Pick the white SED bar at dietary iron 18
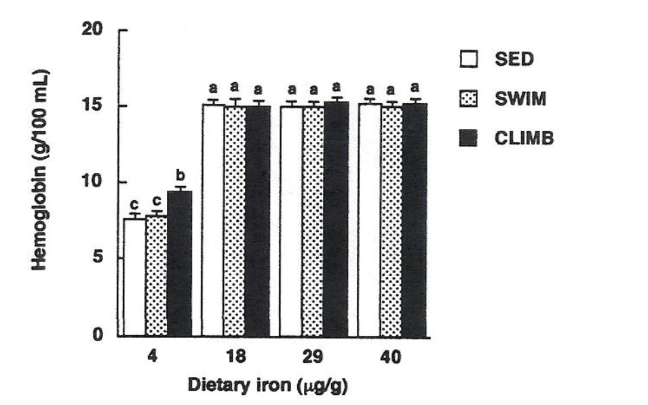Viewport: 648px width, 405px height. (212, 220)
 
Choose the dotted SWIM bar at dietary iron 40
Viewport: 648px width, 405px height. (391, 220)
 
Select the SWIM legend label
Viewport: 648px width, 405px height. (518, 99)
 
